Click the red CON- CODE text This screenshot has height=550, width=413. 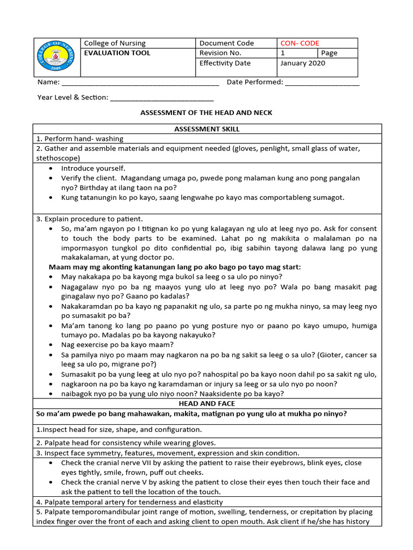click(300, 44)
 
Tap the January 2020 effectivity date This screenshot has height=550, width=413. click(303, 63)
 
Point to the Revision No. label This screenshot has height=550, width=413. click(220, 53)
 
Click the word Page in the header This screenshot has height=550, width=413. click(329, 53)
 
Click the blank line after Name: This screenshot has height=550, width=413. click(140, 83)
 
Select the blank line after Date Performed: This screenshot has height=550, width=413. click(322, 83)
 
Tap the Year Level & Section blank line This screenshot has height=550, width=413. click(161, 98)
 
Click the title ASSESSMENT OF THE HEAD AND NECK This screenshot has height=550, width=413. click(206, 113)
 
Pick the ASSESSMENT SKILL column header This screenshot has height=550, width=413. click(207, 129)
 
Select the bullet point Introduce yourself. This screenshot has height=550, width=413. click(93, 168)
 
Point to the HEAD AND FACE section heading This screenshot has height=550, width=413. click(207, 403)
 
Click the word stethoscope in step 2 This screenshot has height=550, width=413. click(58, 158)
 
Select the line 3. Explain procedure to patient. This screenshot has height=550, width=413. click(89, 219)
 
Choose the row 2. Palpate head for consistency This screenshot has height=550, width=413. click(125, 443)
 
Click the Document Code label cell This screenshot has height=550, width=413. click(226, 44)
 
